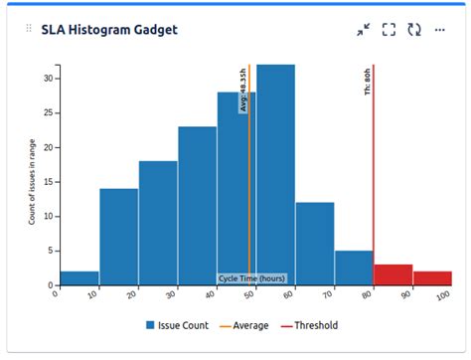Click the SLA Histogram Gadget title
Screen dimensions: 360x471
[109, 30]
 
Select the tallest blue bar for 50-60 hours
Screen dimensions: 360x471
[275, 175]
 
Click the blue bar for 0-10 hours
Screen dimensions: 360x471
[79, 277]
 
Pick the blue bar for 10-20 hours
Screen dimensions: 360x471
[118, 237]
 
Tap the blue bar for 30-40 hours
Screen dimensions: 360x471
[197, 206]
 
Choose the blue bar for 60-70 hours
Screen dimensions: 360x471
[315, 244]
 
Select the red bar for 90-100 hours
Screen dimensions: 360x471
[432, 277]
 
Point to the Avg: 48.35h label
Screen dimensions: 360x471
[242, 90]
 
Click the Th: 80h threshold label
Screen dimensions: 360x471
[368, 82]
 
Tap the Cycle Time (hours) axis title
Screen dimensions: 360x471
[251, 278]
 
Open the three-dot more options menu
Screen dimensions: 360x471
[440, 30]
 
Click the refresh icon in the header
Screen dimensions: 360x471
[414, 30]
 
